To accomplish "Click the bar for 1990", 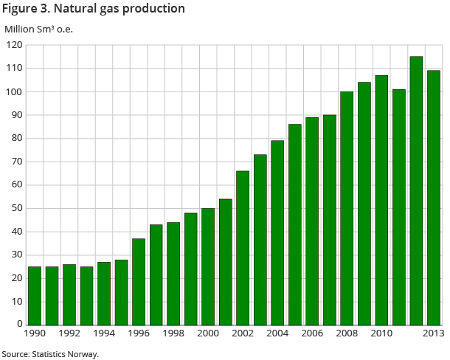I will point(35,295).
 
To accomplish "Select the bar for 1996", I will point(139,281).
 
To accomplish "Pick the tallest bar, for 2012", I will point(416,190).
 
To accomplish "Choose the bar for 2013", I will point(434,197).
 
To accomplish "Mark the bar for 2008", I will point(347,208).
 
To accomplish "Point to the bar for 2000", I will point(208,266).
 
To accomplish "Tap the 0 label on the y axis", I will point(20,325).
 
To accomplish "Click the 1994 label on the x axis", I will point(104,334).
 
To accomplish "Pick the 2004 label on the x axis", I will point(277,334).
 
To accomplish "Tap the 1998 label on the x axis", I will point(173,334).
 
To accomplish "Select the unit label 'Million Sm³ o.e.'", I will point(39,30).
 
